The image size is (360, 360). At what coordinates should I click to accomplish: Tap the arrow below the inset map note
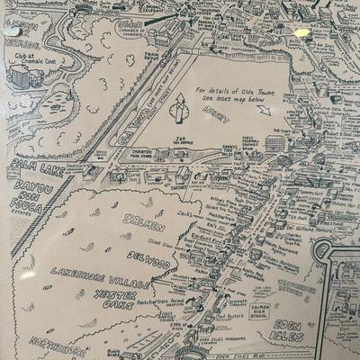coord(263,111)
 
